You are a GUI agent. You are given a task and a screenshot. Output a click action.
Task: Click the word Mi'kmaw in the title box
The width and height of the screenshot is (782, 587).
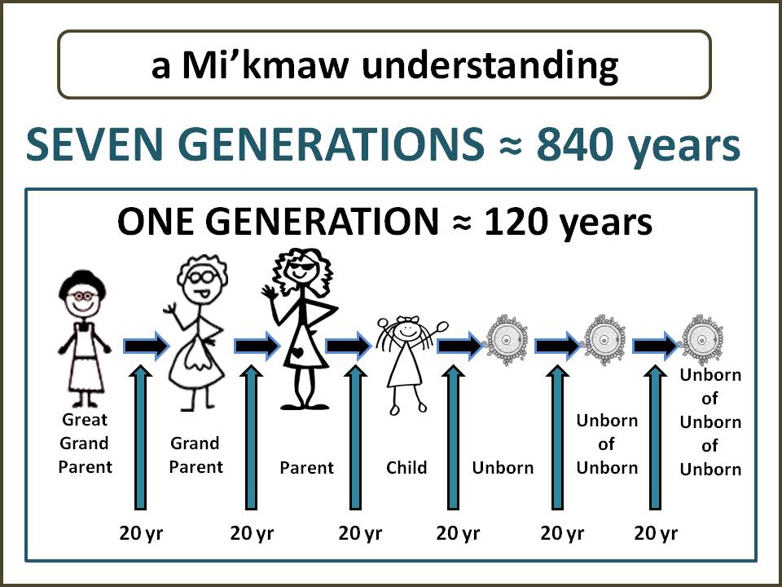264,65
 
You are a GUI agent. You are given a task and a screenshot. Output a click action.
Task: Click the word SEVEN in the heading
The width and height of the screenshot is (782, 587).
96,143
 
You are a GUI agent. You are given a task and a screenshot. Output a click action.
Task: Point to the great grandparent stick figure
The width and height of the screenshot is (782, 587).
83,339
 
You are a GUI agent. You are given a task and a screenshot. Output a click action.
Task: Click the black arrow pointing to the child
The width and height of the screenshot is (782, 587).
348,346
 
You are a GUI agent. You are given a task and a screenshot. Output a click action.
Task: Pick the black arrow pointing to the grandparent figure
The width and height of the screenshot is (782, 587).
147,346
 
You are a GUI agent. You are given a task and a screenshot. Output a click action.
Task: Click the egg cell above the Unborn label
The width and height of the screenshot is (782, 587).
507,340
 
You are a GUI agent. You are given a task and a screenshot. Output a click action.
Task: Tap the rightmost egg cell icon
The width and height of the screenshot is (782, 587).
702,340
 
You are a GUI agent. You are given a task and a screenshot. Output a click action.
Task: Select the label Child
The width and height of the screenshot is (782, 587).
406,468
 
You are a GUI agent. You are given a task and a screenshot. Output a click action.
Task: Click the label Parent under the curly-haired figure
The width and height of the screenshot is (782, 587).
307,468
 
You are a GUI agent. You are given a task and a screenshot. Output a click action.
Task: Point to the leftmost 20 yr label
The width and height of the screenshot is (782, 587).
141,533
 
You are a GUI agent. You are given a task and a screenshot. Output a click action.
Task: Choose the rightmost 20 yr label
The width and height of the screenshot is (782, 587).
656,533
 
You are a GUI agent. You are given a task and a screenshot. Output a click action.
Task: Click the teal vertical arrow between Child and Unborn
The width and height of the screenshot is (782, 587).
453,437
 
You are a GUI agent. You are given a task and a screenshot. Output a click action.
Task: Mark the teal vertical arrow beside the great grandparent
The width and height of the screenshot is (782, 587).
141,437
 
